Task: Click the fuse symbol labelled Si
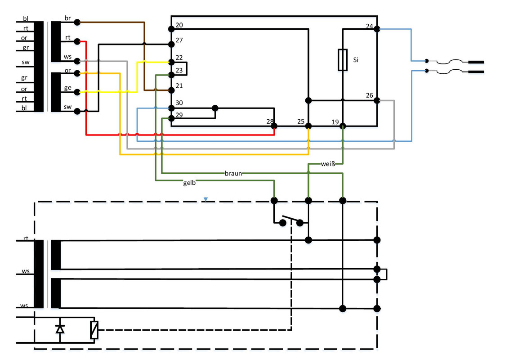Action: pos(343,60)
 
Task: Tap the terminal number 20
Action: pos(179,25)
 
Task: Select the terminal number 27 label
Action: pos(179,40)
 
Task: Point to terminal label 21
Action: pos(179,86)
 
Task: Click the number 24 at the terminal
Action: pos(370,26)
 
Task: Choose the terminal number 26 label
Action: pos(370,95)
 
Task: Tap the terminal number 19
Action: pos(335,122)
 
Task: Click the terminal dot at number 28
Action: pos(274,126)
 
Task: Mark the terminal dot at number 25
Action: pos(308,126)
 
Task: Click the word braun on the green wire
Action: pos(233,174)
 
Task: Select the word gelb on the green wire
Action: pos(189,183)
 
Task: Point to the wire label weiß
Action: pos(328,164)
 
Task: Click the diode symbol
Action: pos(60,329)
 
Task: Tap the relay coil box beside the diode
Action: pos(94,330)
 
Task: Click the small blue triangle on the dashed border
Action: pos(205,199)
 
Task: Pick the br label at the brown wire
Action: pos(67,18)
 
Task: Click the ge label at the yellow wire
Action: pos(67,88)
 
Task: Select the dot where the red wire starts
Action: pos(77,41)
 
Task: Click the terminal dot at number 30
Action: pos(171,108)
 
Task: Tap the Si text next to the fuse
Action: pos(356,60)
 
